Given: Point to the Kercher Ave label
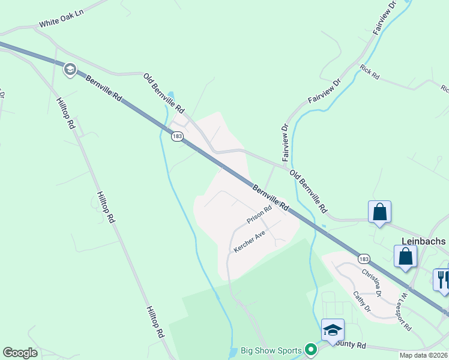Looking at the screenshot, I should point(249,241).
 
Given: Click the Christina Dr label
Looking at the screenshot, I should point(372,281).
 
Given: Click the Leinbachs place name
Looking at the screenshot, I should point(423,241).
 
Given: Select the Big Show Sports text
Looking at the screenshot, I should point(271,349).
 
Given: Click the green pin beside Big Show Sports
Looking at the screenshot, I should point(310,349).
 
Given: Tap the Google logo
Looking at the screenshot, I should point(20,353).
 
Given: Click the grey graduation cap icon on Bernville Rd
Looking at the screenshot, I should point(70,70).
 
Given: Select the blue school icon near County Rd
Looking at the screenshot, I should point(333,329).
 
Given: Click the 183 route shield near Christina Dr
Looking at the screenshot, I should point(363,259).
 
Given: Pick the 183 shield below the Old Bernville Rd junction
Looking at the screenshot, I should point(176,137).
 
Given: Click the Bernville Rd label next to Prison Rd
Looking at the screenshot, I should point(271,197).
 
